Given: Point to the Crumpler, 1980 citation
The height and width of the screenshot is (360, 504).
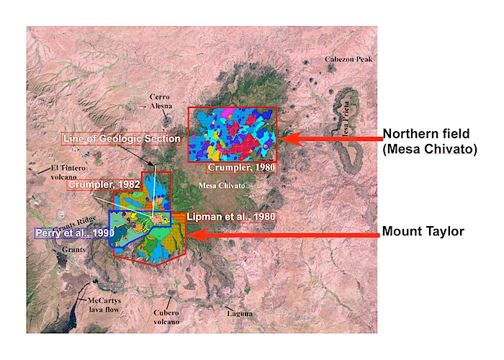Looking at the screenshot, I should click(240, 168).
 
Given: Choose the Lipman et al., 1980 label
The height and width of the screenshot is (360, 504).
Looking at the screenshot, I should click(230, 217).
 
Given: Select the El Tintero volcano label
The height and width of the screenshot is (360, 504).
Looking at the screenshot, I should click(63, 174).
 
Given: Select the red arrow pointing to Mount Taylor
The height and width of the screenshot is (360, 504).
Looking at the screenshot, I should click(281, 233).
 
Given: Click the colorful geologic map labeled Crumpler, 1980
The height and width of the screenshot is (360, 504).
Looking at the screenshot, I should click(232, 134).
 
